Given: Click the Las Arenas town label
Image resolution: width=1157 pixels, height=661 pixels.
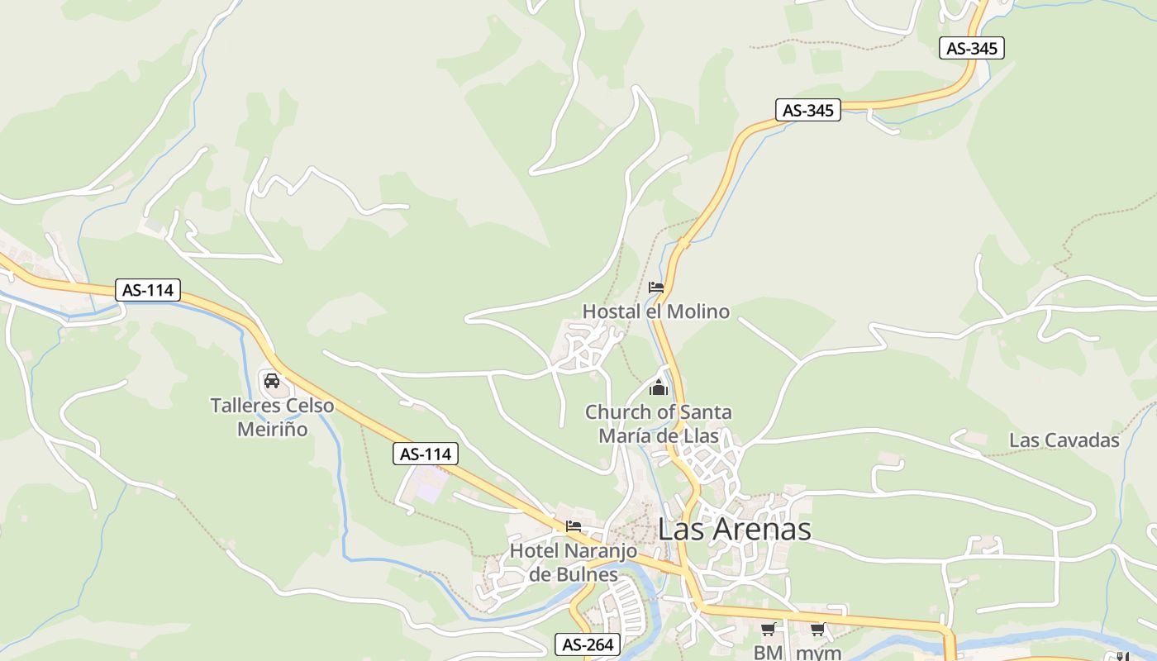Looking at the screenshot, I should [735, 530].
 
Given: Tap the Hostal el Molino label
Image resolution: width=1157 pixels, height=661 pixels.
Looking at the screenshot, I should [656, 311].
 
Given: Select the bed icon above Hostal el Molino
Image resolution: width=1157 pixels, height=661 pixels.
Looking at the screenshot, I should [656, 288].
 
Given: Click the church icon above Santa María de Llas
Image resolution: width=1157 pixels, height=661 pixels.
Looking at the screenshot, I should [659, 387].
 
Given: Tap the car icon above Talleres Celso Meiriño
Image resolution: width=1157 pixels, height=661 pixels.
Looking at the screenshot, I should [271, 381].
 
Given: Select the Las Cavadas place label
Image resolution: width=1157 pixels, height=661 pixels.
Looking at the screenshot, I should [1064, 440].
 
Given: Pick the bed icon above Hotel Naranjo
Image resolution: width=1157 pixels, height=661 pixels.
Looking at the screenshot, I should [574, 525].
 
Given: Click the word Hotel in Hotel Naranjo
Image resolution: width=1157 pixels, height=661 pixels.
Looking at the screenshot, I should [535, 550].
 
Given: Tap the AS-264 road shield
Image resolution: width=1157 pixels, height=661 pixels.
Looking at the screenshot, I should [587, 644].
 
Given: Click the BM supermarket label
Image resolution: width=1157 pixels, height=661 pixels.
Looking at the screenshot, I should [768, 653].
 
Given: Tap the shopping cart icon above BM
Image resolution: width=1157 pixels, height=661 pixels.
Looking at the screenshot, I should [768, 630].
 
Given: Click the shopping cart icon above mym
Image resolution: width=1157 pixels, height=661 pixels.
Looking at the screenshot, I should [818, 630].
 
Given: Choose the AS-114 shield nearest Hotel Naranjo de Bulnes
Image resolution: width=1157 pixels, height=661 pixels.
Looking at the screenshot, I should [425, 454].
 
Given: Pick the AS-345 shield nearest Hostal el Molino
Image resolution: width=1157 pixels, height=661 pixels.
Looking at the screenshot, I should [807, 110].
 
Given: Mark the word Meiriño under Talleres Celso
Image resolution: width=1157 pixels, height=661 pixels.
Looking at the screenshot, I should [272, 430].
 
